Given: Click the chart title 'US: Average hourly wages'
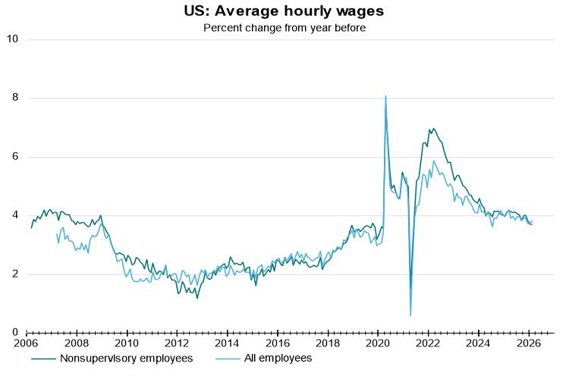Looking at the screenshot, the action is [x=284, y=11].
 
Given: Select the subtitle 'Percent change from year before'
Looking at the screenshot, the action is [x=284, y=28].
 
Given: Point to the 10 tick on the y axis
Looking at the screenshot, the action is [x=12, y=39].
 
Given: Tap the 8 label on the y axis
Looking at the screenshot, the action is [x=15, y=98].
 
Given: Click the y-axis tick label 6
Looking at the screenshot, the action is [x=15, y=156].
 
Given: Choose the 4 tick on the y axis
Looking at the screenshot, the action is [x=15, y=215].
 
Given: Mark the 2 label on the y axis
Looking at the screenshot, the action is [x=15, y=274].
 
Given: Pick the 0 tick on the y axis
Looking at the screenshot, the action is [x=15, y=332].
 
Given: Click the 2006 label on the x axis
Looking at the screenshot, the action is [x=26, y=343].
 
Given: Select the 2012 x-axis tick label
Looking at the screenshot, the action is [x=177, y=343].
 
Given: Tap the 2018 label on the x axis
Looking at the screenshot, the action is [x=328, y=343].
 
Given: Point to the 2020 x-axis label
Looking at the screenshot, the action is [x=378, y=343].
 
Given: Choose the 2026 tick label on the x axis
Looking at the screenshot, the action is [x=529, y=343].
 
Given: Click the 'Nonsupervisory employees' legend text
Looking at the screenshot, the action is [x=126, y=359].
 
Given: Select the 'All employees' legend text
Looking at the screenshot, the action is [x=278, y=359].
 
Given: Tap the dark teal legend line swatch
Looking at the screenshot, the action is [x=43, y=359].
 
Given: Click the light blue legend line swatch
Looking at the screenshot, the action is [x=228, y=359].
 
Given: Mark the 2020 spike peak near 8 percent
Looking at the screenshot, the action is [x=385, y=96].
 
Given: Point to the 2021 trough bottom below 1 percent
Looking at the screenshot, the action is [x=410, y=315].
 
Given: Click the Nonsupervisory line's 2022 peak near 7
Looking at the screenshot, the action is [x=433, y=129].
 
